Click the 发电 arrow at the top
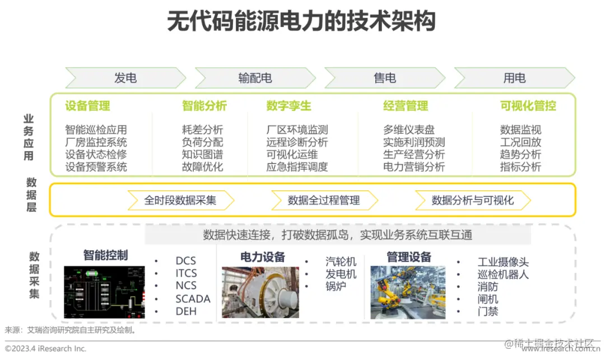tap(125, 78)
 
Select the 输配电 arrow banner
tap(255, 78)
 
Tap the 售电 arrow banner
tap(385, 78)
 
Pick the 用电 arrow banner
tap(514, 78)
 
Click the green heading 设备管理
tap(87, 106)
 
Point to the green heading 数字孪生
tap(288, 106)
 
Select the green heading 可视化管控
tap(528, 106)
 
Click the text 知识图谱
tap(202, 155)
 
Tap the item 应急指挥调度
tap(297, 167)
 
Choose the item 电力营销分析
tap(414, 167)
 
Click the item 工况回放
tap(520, 142)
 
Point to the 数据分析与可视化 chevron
tap(473, 200)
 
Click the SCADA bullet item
tap(193, 299)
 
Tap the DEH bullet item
tap(186, 312)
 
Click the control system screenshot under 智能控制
tap(104, 292)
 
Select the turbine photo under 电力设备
tap(260, 292)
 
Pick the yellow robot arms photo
tap(408, 292)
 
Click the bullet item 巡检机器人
tap(502, 274)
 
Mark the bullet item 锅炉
tap(336, 287)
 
